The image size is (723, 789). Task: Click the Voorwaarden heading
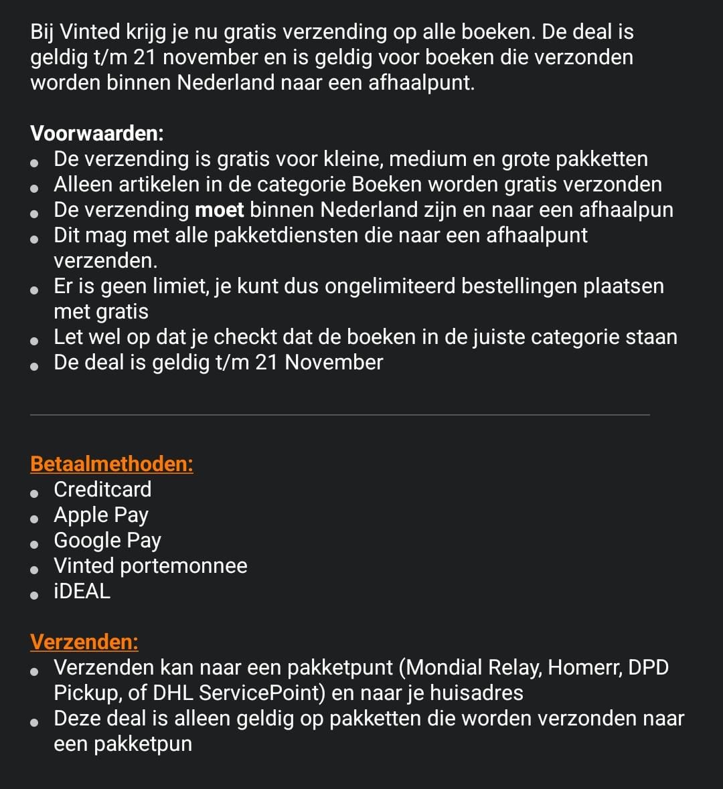click(97, 133)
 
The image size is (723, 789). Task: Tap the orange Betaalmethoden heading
click(112, 464)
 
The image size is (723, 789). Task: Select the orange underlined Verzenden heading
click(84, 642)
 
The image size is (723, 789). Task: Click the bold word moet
click(220, 209)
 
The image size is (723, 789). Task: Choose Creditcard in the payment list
click(102, 489)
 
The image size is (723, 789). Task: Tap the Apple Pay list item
click(101, 515)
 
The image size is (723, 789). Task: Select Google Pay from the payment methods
click(107, 540)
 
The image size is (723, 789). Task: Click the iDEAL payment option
click(82, 591)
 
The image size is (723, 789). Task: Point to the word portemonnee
click(183, 565)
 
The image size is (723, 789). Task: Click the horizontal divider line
click(340, 415)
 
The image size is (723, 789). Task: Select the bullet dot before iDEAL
click(35, 593)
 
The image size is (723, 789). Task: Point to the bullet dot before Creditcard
click(35, 491)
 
